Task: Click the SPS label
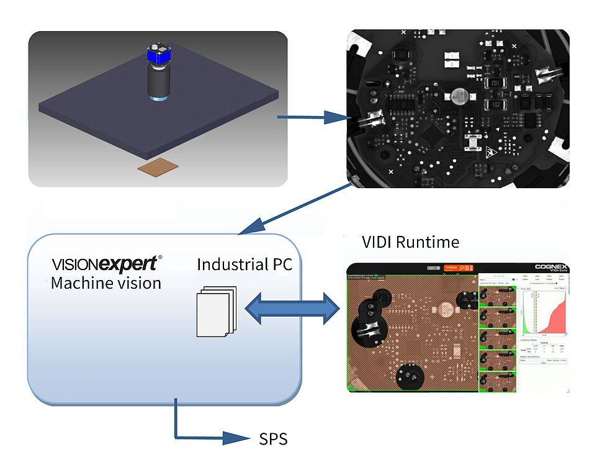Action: coord(273,440)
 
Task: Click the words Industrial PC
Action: coord(245,264)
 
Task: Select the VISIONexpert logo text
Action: coord(107,263)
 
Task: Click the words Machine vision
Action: coord(106,283)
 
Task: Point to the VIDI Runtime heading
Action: coord(411,242)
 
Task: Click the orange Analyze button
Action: coord(450,268)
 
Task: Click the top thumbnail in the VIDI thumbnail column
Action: coord(499,297)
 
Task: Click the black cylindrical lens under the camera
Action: coord(157,81)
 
